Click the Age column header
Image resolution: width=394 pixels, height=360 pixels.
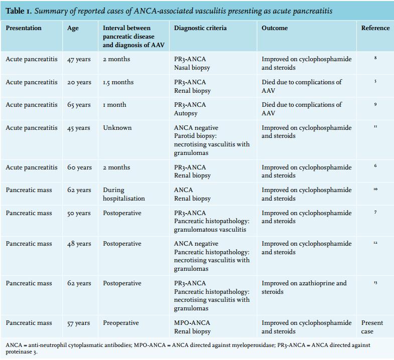[x=73, y=28]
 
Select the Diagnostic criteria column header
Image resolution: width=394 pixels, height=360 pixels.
[x=200, y=28]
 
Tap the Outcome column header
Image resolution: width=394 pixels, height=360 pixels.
[x=275, y=28]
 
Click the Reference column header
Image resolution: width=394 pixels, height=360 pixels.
[x=375, y=28]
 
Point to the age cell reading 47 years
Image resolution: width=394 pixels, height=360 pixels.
[x=79, y=59]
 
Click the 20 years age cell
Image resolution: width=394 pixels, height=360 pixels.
[x=79, y=82]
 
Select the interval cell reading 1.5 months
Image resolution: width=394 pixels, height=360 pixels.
[x=118, y=82]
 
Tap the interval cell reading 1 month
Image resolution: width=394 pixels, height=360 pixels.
[x=114, y=105]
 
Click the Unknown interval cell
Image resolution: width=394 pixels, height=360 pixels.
[x=117, y=128]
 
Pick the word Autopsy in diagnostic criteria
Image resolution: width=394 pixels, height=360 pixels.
[x=186, y=113]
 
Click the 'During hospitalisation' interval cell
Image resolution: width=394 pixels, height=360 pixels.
[x=124, y=195]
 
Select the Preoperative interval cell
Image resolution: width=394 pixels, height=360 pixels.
[x=121, y=323]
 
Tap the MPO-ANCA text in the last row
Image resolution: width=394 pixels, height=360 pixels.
[x=192, y=323]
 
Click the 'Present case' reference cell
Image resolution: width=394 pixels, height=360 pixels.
[x=372, y=327]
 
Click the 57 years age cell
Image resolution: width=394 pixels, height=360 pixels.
[x=78, y=323]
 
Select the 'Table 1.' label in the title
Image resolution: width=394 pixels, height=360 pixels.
[x=19, y=11]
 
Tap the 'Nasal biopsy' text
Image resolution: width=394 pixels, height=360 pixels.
[x=192, y=68]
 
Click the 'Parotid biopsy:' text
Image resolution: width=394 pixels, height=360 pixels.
[x=195, y=136]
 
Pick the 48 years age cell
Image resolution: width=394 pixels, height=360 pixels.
[x=79, y=244]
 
